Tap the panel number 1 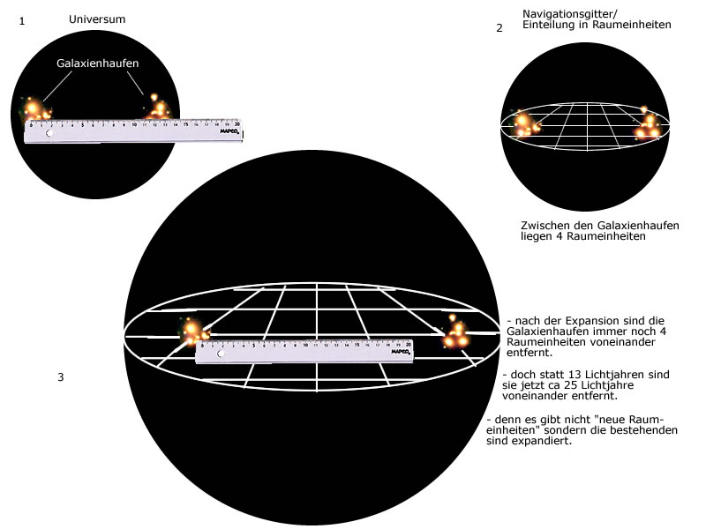pos(21,20)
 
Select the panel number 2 pos(499,28)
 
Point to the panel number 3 pos(60,377)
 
